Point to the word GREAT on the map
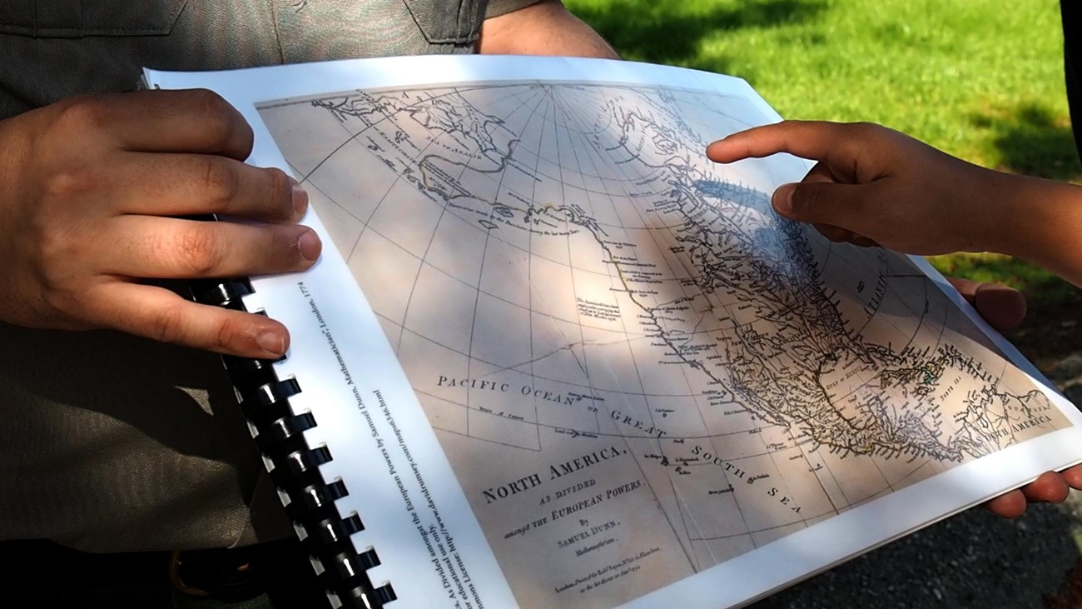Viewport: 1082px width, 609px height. tap(638, 423)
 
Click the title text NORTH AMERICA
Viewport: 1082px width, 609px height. tap(553, 472)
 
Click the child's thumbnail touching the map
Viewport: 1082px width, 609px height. tap(783, 198)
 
